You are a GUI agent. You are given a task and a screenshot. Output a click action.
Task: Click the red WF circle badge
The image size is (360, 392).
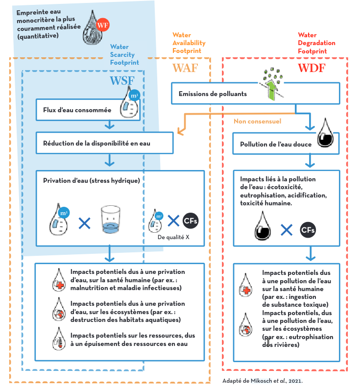coord(103,25)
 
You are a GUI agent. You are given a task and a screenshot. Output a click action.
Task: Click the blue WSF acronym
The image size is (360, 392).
coord(122,80)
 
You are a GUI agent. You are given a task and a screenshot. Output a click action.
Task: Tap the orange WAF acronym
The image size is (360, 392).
coord(185,68)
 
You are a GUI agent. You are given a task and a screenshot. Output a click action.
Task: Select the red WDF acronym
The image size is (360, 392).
coord(312,68)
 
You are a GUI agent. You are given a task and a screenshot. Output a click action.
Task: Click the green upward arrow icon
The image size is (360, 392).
coord(272,90)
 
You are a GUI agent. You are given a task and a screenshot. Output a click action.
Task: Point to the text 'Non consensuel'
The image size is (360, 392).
coord(257,121)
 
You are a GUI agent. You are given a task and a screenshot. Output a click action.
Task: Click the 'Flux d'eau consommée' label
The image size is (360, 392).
coord(77,110)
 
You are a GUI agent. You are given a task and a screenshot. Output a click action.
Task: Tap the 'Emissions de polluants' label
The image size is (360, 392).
coord(213,94)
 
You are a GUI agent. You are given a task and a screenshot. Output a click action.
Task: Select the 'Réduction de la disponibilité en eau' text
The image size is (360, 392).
coord(96,143)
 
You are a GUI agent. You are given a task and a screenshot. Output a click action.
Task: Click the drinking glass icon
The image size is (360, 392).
coord(111,220)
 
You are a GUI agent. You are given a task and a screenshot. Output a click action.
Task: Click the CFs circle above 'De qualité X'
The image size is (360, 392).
coord(191,221)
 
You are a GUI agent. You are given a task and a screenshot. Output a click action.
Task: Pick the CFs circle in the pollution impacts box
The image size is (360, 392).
coord(308,230)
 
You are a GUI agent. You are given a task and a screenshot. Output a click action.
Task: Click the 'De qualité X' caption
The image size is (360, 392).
coord(173,237)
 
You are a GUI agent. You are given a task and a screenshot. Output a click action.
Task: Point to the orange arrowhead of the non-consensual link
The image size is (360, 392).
coord(180,131)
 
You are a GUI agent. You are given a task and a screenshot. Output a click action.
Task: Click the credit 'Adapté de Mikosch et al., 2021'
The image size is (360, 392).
coord(263,381)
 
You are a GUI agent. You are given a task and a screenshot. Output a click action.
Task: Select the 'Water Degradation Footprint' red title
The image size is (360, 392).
coord(316,43)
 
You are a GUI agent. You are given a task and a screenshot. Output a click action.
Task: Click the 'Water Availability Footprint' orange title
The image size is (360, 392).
coord(189,43)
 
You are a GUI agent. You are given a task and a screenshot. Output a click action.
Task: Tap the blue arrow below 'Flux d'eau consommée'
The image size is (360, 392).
coord(109,124)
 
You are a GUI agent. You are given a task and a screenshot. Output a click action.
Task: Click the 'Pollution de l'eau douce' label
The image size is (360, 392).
coord(276,144)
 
